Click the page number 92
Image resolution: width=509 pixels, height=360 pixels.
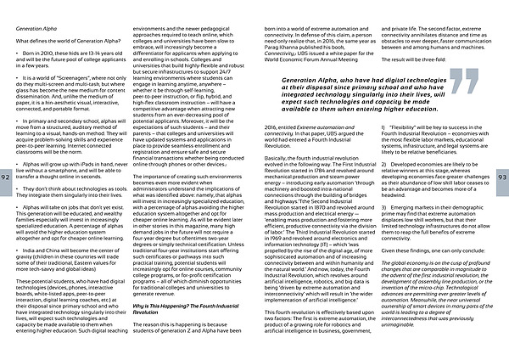point(7,175)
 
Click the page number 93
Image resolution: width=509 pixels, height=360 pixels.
point(501,175)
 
